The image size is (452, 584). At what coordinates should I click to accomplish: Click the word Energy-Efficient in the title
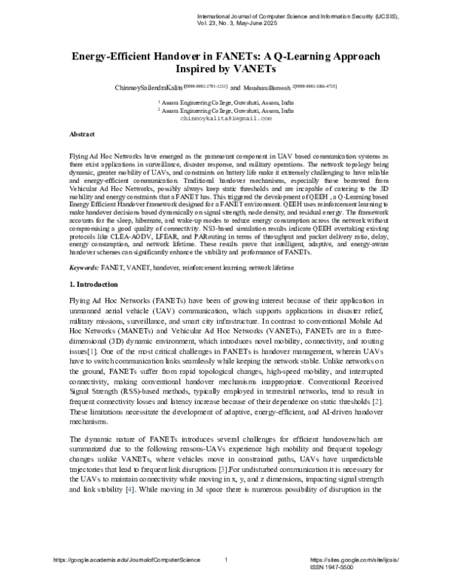[x=117, y=56]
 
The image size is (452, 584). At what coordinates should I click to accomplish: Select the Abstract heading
[x=81, y=132]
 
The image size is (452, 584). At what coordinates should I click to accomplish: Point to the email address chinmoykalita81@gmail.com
[x=225, y=119]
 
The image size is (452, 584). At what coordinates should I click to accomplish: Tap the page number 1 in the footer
[x=226, y=561]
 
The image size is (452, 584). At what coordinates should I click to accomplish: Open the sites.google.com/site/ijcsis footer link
[x=346, y=561]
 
